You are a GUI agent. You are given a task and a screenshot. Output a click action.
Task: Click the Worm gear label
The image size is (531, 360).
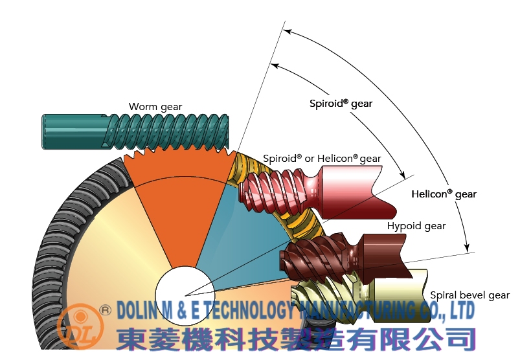click(x=155, y=107)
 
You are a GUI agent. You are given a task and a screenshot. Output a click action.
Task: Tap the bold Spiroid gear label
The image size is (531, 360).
click(x=341, y=104)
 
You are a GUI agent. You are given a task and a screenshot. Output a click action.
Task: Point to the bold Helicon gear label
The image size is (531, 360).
click(x=444, y=194)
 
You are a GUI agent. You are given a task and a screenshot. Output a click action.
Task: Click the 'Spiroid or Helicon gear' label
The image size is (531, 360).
click(x=322, y=159)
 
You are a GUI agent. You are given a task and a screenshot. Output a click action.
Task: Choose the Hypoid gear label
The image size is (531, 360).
click(x=416, y=226)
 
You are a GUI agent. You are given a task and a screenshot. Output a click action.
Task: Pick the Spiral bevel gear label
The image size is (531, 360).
click(x=470, y=295)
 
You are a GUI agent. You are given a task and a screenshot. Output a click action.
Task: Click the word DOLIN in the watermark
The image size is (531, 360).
click(x=137, y=310)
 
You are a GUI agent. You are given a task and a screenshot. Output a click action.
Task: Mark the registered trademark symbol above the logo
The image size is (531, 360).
click(x=106, y=310)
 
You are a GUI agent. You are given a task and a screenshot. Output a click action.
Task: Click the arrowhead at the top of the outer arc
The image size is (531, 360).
click(x=288, y=29)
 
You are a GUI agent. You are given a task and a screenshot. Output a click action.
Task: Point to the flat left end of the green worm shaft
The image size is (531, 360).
click(x=43, y=131)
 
